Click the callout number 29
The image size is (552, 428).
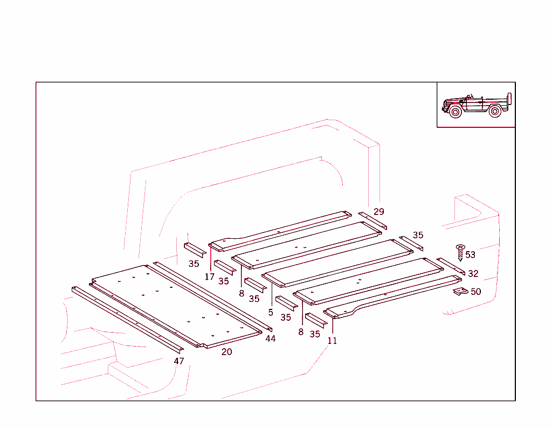point(379,212)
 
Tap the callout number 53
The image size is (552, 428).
point(471,255)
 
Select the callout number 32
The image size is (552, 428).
point(473,274)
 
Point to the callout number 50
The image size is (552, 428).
point(475,292)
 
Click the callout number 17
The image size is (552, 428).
point(210,277)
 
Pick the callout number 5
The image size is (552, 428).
point(271,312)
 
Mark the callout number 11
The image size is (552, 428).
point(332,341)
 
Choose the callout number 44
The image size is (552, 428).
point(270,339)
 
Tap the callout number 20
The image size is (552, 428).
point(227,352)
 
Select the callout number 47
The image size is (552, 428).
point(178,361)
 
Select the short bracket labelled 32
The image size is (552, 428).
point(450,266)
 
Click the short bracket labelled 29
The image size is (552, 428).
point(372,220)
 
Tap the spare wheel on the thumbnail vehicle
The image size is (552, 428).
point(509,101)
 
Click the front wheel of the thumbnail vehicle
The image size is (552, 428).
point(456,113)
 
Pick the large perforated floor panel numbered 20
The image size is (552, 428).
point(178,305)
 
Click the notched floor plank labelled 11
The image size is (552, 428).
point(394,295)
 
